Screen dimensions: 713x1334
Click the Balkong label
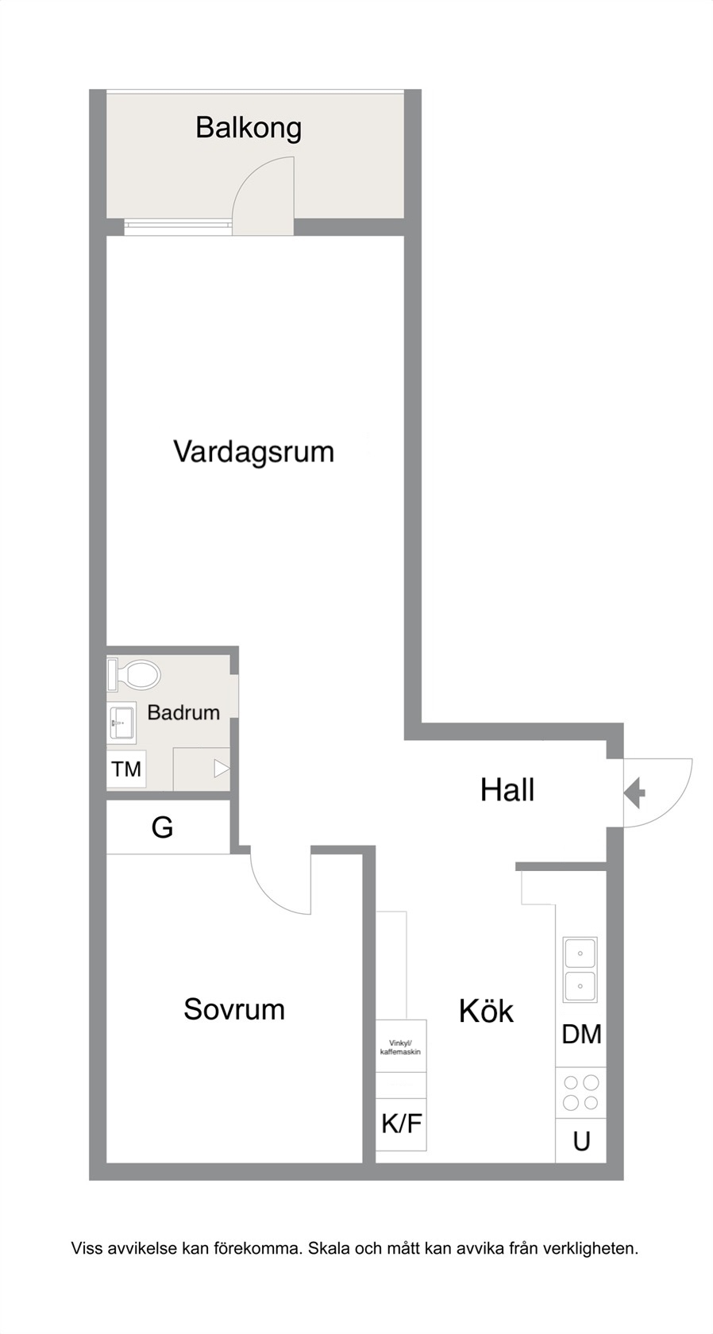coord(249,129)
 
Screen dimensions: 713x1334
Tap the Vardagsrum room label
coord(254,451)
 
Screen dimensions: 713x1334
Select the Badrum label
coord(183,712)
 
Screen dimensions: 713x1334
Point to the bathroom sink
coord(121,723)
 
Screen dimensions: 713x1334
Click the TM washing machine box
coord(126,769)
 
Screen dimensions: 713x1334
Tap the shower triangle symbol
coord(222,769)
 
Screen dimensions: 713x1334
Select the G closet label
coord(162,827)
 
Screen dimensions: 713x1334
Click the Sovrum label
coord(234,1008)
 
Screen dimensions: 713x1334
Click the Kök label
coord(486,1011)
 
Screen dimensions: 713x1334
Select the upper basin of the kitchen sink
coord(580,954)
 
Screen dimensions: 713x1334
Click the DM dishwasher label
coord(581,1035)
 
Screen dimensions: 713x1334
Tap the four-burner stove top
coord(580,1093)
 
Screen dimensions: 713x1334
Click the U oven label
coord(581,1142)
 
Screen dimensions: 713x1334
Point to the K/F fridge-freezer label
coord(402,1124)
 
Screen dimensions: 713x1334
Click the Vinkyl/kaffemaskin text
coord(400,1047)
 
